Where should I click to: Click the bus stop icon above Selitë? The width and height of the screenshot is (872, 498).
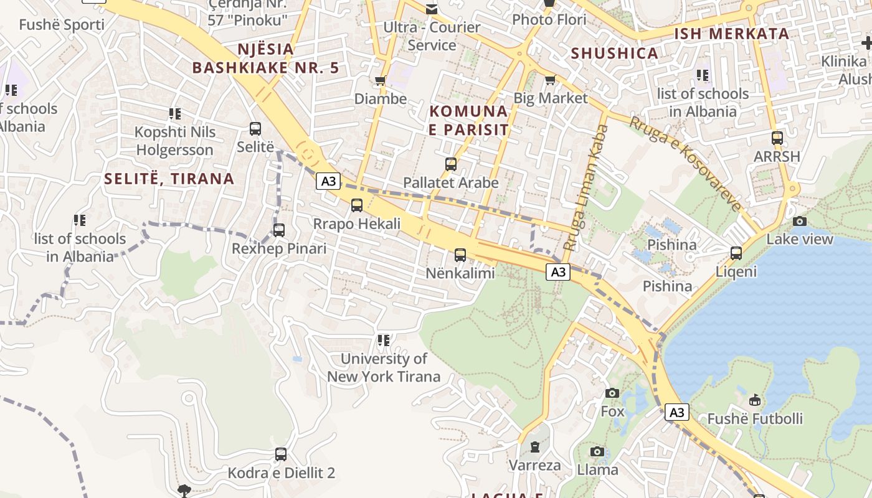(x=255, y=129)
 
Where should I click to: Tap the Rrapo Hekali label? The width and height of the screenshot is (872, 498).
(x=356, y=223)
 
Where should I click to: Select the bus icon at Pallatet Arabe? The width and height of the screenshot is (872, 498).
(x=451, y=164)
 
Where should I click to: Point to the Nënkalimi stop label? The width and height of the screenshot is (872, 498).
(x=460, y=273)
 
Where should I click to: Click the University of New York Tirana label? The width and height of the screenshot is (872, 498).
(x=384, y=367)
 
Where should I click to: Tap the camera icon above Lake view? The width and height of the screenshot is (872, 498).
(x=800, y=221)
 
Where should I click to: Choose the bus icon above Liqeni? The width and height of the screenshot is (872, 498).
(x=736, y=253)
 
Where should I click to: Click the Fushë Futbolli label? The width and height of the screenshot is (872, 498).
(x=755, y=418)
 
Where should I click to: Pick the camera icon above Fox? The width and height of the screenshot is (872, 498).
(x=612, y=393)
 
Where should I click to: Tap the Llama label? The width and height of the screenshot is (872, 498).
(x=597, y=469)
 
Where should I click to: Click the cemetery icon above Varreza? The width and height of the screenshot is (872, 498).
(x=534, y=446)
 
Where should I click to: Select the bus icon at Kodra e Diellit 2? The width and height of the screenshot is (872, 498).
(x=281, y=454)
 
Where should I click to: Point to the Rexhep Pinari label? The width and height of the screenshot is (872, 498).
(x=279, y=248)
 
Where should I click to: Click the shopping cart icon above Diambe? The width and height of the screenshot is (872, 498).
(x=380, y=80)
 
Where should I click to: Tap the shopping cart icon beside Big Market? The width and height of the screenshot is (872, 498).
(x=550, y=80)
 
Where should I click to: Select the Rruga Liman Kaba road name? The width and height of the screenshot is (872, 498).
(x=585, y=187)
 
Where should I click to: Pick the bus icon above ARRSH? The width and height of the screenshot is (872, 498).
(x=777, y=138)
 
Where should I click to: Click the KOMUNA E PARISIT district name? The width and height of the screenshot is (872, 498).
(x=469, y=120)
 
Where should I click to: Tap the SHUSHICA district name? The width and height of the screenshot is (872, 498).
(x=615, y=53)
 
